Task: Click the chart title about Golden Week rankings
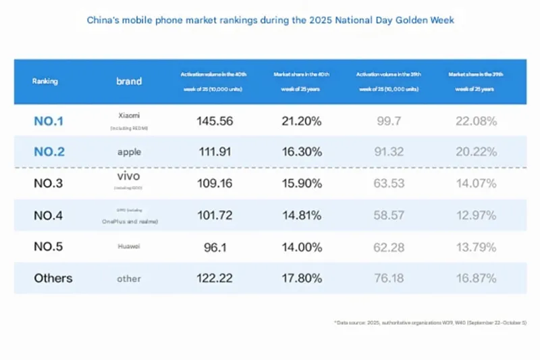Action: coord(271,20)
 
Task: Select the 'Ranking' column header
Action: coord(45,81)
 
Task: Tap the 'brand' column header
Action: coord(129,81)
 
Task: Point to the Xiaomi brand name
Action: coord(129,116)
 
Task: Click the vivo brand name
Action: coord(129,176)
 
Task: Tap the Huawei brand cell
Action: coord(129,247)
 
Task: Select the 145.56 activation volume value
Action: coord(215,122)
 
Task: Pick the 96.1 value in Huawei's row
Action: coord(215,247)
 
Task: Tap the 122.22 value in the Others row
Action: coord(215,278)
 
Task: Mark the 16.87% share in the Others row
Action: coord(475,278)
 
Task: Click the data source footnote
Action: coord(430,324)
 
